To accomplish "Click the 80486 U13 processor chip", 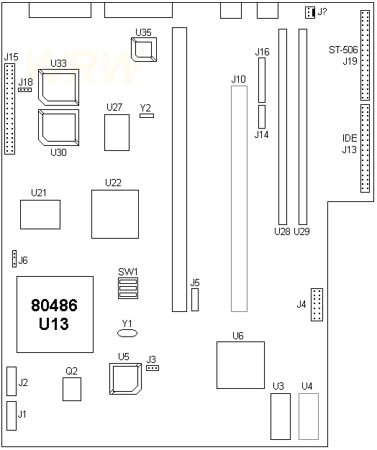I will pyautogui.click(x=55, y=314).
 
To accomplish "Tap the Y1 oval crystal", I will pyautogui.click(x=127, y=334).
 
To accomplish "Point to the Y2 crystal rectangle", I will pyautogui.click(x=147, y=114).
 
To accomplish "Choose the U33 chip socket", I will pyautogui.click(x=60, y=87).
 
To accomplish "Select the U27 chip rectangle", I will pyautogui.click(x=117, y=132).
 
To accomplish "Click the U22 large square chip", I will pyautogui.click(x=115, y=213).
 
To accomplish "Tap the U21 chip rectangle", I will pyautogui.click(x=40, y=215).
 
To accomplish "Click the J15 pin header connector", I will pyautogui.click(x=9, y=109).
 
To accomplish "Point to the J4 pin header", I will pyautogui.click(x=318, y=305).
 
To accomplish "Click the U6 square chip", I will pyautogui.click(x=240, y=366).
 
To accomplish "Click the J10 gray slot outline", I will pyautogui.click(x=239, y=198).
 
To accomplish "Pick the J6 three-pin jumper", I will pyautogui.click(x=14, y=259).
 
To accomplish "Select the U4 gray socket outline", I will pyautogui.click(x=308, y=416).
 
